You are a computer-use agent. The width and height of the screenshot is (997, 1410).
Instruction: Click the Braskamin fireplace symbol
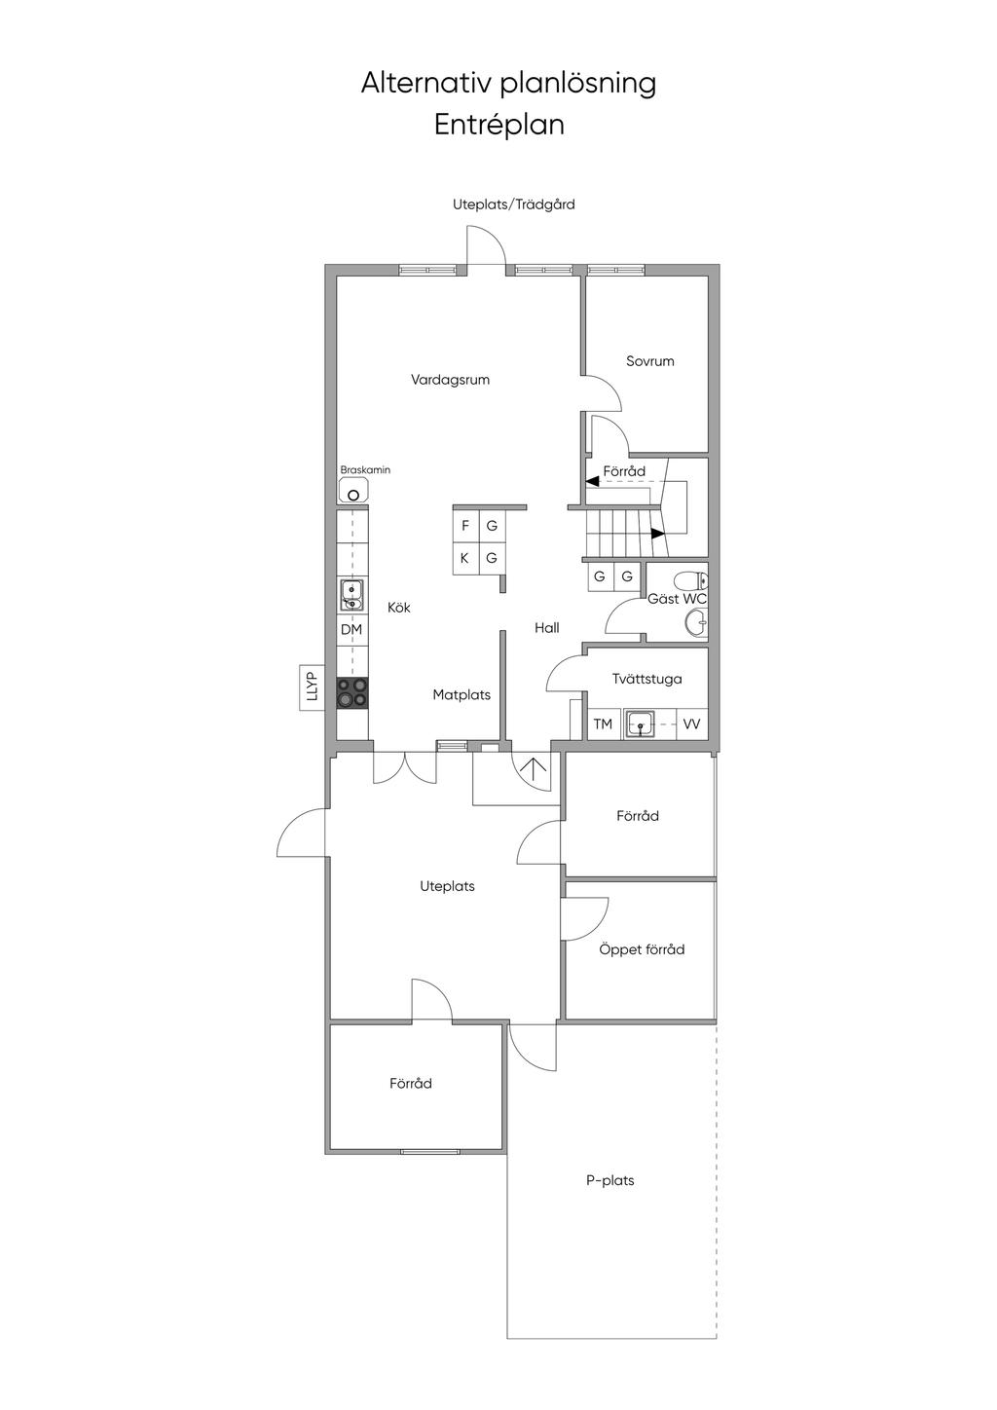[353, 490]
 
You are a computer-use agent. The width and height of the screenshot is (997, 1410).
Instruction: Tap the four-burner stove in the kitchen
[352, 692]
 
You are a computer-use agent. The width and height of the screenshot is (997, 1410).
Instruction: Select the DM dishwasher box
[351, 630]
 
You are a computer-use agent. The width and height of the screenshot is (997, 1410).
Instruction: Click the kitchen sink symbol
[351, 594]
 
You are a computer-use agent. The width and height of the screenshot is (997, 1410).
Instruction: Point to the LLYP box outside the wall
[312, 687]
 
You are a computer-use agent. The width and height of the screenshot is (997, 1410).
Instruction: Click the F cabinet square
[465, 526]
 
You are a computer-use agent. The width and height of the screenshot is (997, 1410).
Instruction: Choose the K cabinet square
[465, 558]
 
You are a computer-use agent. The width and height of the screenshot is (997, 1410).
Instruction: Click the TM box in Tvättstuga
[603, 724]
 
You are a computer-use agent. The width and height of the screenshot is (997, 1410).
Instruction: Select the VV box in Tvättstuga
[692, 724]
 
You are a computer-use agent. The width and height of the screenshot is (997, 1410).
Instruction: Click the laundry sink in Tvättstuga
[640, 724]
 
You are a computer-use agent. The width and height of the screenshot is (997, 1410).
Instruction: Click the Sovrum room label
[650, 361]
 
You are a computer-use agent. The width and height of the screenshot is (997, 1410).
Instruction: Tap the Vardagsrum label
[450, 380]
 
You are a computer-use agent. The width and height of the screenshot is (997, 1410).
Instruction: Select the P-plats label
[610, 1180]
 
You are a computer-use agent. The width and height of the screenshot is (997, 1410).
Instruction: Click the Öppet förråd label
[642, 949]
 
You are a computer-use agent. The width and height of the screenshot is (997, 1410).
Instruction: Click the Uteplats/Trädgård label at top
[514, 204]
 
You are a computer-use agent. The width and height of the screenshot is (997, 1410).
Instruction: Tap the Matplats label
[462, 695]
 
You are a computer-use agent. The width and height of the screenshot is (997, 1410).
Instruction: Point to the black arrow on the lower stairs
[658, 533]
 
